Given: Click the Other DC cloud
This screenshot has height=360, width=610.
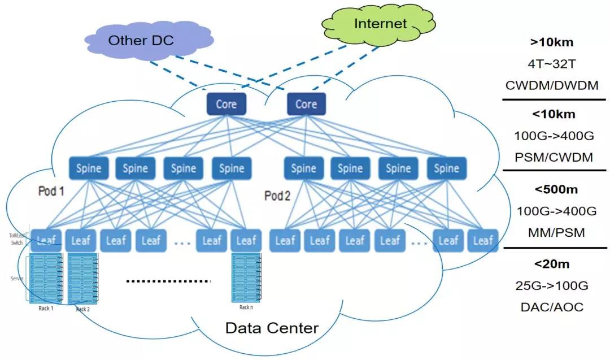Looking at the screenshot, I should point(141,41).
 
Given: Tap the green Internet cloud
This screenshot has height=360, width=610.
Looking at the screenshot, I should point(380,24).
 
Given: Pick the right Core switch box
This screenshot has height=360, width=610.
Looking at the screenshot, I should point(306,105).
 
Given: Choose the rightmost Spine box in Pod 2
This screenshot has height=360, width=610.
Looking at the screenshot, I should point(446,168).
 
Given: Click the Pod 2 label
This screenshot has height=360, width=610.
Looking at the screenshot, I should point(277,196).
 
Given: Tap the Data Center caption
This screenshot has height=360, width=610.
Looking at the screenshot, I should point(272,328).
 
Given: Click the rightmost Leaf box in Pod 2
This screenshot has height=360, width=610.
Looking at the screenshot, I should point(483,241).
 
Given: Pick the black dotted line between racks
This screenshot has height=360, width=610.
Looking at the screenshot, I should point(167,281).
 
